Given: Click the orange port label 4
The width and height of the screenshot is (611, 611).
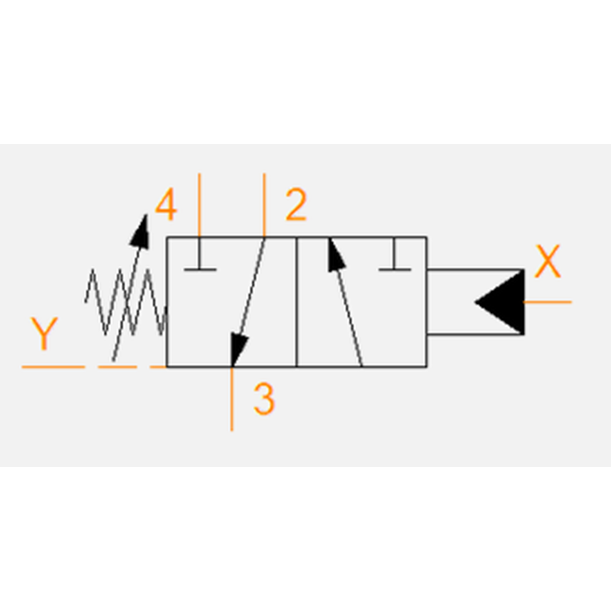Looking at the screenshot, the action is click(166, 205).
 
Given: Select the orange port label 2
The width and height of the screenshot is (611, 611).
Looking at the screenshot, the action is click(296, 205).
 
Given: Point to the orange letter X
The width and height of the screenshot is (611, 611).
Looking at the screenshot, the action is click(547, 261).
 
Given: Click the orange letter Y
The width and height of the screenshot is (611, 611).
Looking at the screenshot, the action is click(44, 334).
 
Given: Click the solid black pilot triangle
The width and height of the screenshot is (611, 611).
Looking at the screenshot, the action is click(500, 302).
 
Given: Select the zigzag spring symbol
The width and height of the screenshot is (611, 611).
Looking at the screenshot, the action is click(126, 302).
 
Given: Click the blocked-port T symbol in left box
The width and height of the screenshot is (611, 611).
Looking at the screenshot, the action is click(200, 254).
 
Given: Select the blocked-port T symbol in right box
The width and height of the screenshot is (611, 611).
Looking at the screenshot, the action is click(394, 254).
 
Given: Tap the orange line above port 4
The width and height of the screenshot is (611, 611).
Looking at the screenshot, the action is click(200, 205).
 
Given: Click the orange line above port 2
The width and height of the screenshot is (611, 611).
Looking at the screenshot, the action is click(264, 205).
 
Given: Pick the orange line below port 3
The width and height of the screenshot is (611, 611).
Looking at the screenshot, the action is click(232, 399).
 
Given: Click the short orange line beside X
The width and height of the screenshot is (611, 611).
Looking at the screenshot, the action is click(547, 302).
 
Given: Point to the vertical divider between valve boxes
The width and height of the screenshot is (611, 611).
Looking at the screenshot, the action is click(296, 302).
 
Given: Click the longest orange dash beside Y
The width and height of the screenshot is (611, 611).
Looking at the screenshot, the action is click(53, 367).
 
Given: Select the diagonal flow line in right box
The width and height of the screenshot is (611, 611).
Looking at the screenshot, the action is click(346, 302).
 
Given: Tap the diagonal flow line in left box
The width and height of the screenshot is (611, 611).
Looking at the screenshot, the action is click(248, 302).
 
